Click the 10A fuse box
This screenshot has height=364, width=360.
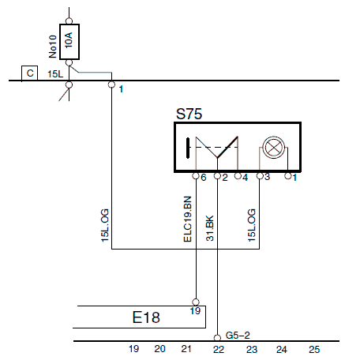click(69, 42)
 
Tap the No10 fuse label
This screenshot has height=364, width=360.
click(53, 47)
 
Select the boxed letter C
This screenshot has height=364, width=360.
click(30, 73)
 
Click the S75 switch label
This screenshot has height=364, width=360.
click(189, 114)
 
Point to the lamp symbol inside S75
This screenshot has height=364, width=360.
click(274, 148)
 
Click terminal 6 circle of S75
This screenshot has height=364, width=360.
click(196, 176)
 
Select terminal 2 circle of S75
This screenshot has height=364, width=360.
click(217, 176)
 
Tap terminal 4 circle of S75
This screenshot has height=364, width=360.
click(238, 175)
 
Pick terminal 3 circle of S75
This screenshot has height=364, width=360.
click(260, 175)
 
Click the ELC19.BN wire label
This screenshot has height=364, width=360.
click(187, 219)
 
